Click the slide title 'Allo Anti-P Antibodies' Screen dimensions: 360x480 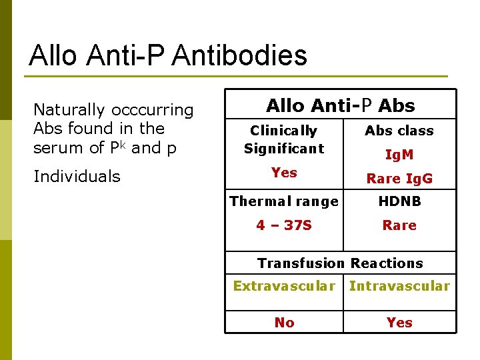click(x=168, y=55)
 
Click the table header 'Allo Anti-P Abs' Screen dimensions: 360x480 click(x=340, y=105)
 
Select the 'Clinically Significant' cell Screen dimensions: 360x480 click(x=284, y=139)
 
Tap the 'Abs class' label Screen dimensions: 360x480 click(x=399, y=131)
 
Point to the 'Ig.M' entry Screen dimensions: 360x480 click(x=399, y=155)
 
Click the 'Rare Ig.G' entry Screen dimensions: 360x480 click(x=399, y=178)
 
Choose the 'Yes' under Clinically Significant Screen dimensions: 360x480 click(x=284, y=173)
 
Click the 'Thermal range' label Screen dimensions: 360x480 click(x=284, y=201)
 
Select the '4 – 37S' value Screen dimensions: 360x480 click(x=284, y=225)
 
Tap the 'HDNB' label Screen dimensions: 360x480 click(x=399, y=201)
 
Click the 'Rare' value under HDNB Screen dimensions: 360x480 click(x=399, y=225)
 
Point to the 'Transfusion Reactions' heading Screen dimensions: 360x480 click(x=340, y=263)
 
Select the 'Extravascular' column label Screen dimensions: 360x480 click(x=284, y=286)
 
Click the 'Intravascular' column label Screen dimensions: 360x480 click(x=399, y=286)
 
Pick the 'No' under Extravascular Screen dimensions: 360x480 click(x=284, y=323)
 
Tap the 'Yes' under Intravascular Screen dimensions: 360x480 click(x=399, y=323)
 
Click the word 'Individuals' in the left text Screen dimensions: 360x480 click(x=77, y=177)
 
